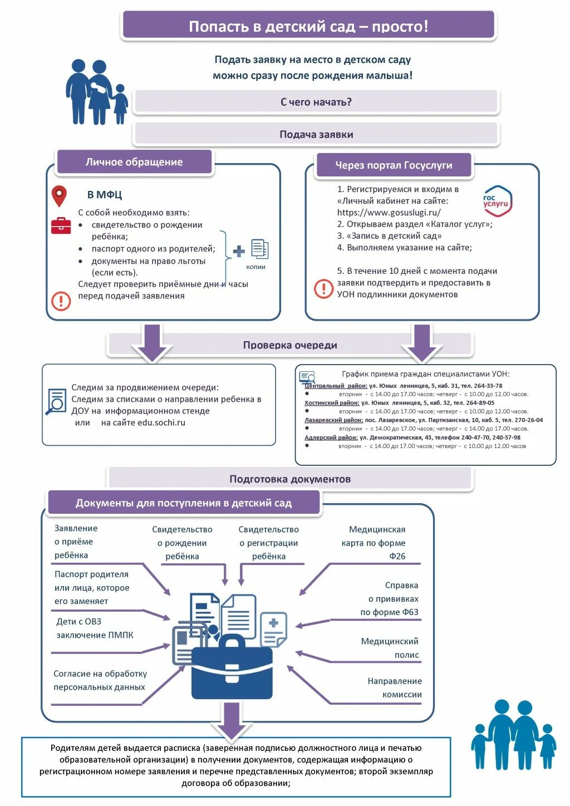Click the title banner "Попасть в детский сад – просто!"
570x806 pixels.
[x=308, y=26]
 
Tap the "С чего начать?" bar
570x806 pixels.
[x=316, y=102]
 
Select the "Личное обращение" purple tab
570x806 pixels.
[x=134, y=162]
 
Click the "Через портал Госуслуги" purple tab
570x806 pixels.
[x=394, y=165]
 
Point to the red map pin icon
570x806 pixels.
[x=59, y=196]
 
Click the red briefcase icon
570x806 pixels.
[x=61, y=225]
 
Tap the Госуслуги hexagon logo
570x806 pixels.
[x=497, y=201]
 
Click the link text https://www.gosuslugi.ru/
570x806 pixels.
[x=389, y=213]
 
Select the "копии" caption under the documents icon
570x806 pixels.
[x=255, y=267]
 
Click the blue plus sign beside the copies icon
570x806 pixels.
[x=239, y=251]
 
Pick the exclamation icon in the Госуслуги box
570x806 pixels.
[x=323, y=288]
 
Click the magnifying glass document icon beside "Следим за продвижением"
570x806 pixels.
[x=56, y=401]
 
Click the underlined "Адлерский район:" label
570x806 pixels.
[x=331, y=438]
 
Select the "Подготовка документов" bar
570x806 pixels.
[x=290, y=479]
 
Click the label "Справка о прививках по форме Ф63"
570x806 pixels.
[x=390, y=599]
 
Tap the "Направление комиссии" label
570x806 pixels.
[x=394, y=688]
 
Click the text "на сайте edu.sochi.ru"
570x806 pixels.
[x=143, y=423]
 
